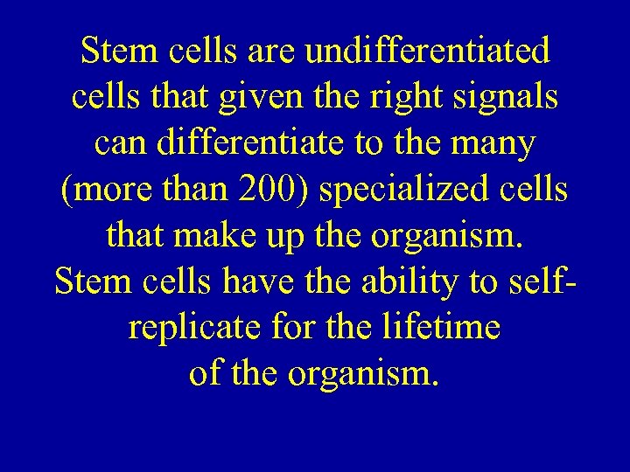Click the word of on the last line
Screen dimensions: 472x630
(205, 374)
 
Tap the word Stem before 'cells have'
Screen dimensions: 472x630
(87, 281)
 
